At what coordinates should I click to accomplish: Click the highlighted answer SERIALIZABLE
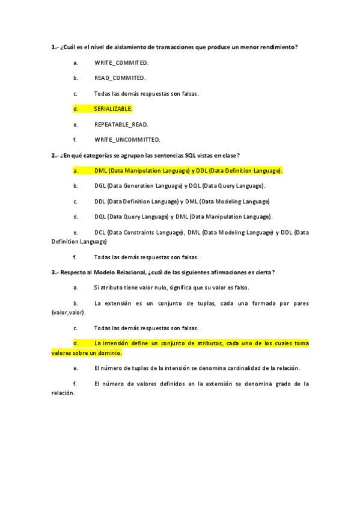(113, 109)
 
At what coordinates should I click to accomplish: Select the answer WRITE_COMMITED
(121, 63)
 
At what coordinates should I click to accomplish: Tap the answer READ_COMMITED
(120, 78)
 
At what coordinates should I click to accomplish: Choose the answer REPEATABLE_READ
(121, 124)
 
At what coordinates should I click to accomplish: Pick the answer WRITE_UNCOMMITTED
(127, 140)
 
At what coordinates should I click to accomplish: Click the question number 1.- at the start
(55, 47)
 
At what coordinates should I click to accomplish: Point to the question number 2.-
(55, 155)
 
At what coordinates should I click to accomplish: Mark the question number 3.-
(55, 272)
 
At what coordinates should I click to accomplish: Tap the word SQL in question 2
(191, 155)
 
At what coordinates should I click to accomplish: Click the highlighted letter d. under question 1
(76, 109)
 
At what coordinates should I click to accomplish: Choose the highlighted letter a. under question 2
(76, 171)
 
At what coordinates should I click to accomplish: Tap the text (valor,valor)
(69, 313)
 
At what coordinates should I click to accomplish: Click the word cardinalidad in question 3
(230, 368)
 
